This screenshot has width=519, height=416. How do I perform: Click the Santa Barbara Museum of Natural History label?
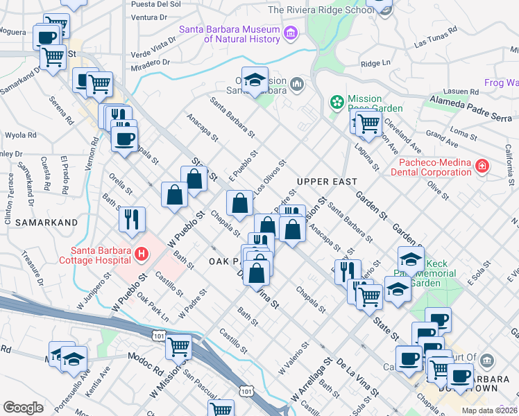pyautogui.click(x=229, y=34)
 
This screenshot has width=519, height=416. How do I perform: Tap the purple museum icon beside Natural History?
pyautogui.click(x=291, y=33)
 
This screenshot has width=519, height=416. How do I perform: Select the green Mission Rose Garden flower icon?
pyautogui.click(x=337, y=102)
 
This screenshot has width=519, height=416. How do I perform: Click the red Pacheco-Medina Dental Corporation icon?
pyautogui.click(x=482, y=166)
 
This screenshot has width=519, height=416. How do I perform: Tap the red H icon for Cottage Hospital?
pyautogui.click(x=142, y=254)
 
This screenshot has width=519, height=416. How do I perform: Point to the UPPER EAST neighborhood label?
pyautogui.click(x=326, y=182)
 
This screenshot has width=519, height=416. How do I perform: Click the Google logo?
pyautogui.click(x=23, y=408)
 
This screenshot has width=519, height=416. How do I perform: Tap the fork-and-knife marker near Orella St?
pyautogui.click(x=132, y=218)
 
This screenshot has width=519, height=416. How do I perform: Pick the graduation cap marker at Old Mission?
pyautogui.click(x=255, y=79)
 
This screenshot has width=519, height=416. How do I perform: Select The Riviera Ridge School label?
pyautogui.click(x=318, y=10)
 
